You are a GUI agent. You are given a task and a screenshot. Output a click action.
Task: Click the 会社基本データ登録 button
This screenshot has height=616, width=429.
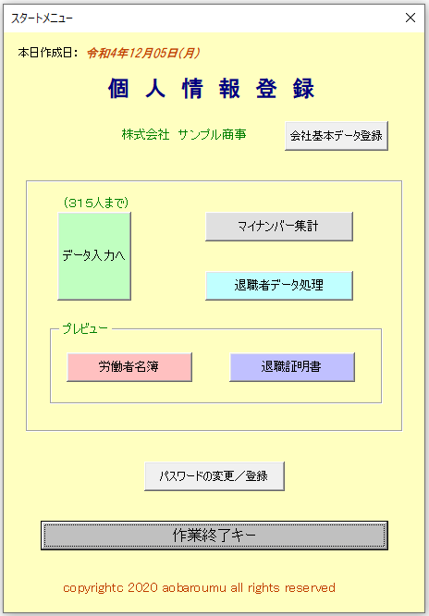click(x=337, y=136)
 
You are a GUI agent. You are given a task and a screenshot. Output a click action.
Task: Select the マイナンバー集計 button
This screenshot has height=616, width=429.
click(x=279, y=227)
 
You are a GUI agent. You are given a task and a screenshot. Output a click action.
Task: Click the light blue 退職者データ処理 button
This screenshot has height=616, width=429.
click(x=279, y=285)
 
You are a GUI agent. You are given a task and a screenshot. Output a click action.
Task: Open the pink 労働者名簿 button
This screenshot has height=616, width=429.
click(x=129, y=367)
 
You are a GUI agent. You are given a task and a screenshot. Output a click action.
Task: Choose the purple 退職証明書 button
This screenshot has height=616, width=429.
click(x=292, y=367)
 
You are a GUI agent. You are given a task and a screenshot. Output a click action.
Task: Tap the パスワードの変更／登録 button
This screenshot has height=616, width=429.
click(x=214, y=476)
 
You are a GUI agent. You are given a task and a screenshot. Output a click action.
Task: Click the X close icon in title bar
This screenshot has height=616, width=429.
click(x=411, y=18)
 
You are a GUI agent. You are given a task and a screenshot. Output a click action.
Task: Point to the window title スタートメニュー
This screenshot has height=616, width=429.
click(x=42, y=18)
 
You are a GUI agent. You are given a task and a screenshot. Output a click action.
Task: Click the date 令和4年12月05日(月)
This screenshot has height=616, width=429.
click(x=143, y=53)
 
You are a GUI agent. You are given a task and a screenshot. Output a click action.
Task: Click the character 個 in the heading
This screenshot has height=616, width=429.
click(x=118, y=88)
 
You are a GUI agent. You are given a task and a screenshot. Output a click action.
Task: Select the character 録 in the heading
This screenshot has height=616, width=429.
click(x=303, y=88)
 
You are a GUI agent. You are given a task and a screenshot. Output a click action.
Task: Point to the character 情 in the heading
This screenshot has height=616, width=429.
click(x=192, y=88)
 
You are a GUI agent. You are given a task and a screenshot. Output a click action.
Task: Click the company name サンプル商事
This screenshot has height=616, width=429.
click(x=212, y=135)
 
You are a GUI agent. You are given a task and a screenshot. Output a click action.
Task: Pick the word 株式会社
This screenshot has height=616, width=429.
click(x=146, y=135)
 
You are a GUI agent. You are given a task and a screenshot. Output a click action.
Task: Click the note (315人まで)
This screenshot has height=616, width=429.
click(x=96, y=203)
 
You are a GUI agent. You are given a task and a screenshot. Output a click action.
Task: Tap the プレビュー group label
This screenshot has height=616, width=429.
click(x=85, y=329)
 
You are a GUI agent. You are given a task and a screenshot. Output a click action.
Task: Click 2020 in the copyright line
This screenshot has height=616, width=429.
click(x=142, y=587)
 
